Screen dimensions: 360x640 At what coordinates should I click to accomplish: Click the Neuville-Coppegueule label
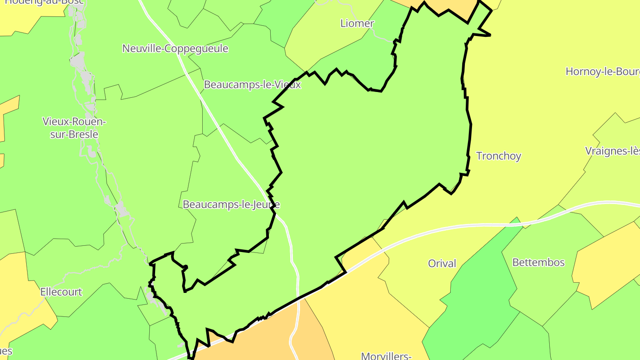(175, 48)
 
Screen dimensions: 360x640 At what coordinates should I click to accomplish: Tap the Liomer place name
(357, 23)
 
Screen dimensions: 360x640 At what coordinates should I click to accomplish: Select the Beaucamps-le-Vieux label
(252, 84)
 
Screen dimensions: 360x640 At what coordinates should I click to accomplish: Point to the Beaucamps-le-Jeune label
(231, 204)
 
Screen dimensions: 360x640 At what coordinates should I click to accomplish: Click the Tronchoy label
(498, 156)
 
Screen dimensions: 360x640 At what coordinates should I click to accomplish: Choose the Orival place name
(442, 264)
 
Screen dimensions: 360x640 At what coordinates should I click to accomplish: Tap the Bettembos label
(538, 262)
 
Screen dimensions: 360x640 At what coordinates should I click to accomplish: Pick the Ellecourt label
(61, 292)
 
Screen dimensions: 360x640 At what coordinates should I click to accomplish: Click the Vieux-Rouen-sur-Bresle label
(74, 128)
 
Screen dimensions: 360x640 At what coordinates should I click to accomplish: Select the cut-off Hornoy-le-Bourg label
(602, 72)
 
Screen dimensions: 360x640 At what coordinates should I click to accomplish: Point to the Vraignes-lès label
(612, 151)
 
